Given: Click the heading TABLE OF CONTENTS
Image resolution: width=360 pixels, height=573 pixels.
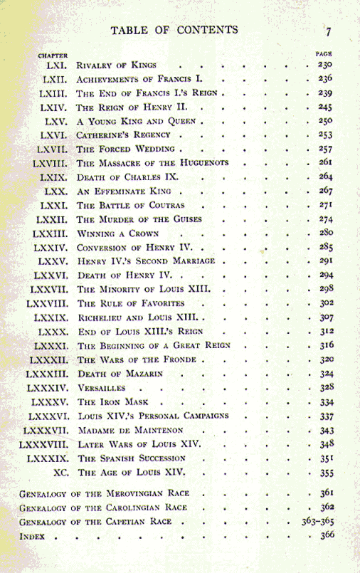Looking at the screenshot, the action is tap(174, 30).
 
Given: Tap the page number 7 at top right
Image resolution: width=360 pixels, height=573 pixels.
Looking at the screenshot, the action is tap(329, 31).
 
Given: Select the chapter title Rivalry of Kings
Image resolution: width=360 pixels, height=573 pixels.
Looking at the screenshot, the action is tap(117, 66).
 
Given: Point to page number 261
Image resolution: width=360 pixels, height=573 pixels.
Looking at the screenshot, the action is tap(325, 163).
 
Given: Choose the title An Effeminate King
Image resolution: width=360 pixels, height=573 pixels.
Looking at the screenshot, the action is tap(120, 191).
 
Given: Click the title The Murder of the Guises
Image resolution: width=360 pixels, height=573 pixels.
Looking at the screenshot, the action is tap(139, 219).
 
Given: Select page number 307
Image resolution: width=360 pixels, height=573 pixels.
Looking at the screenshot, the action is tap(325, 317).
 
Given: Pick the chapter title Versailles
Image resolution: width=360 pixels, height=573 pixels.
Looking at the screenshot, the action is tap(101, 388).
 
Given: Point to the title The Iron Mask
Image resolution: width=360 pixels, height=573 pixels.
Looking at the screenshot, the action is tap(110, 402).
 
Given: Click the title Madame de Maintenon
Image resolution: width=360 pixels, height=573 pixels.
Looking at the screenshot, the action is tap(129, 431).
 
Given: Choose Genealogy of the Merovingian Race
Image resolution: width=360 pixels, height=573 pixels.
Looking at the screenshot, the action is tap(102, 493).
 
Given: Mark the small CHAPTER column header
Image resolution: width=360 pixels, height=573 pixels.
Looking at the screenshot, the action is tap(53, 55).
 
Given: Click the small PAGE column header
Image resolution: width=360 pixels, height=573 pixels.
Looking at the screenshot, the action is tap(324, 53).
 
